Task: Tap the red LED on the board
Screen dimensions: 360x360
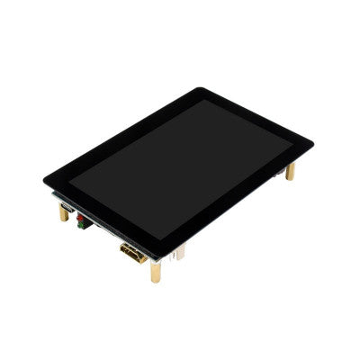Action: point(79,219)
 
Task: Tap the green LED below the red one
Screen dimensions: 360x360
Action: point(81,227)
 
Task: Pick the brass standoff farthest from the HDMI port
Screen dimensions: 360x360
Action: point(290,171)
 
